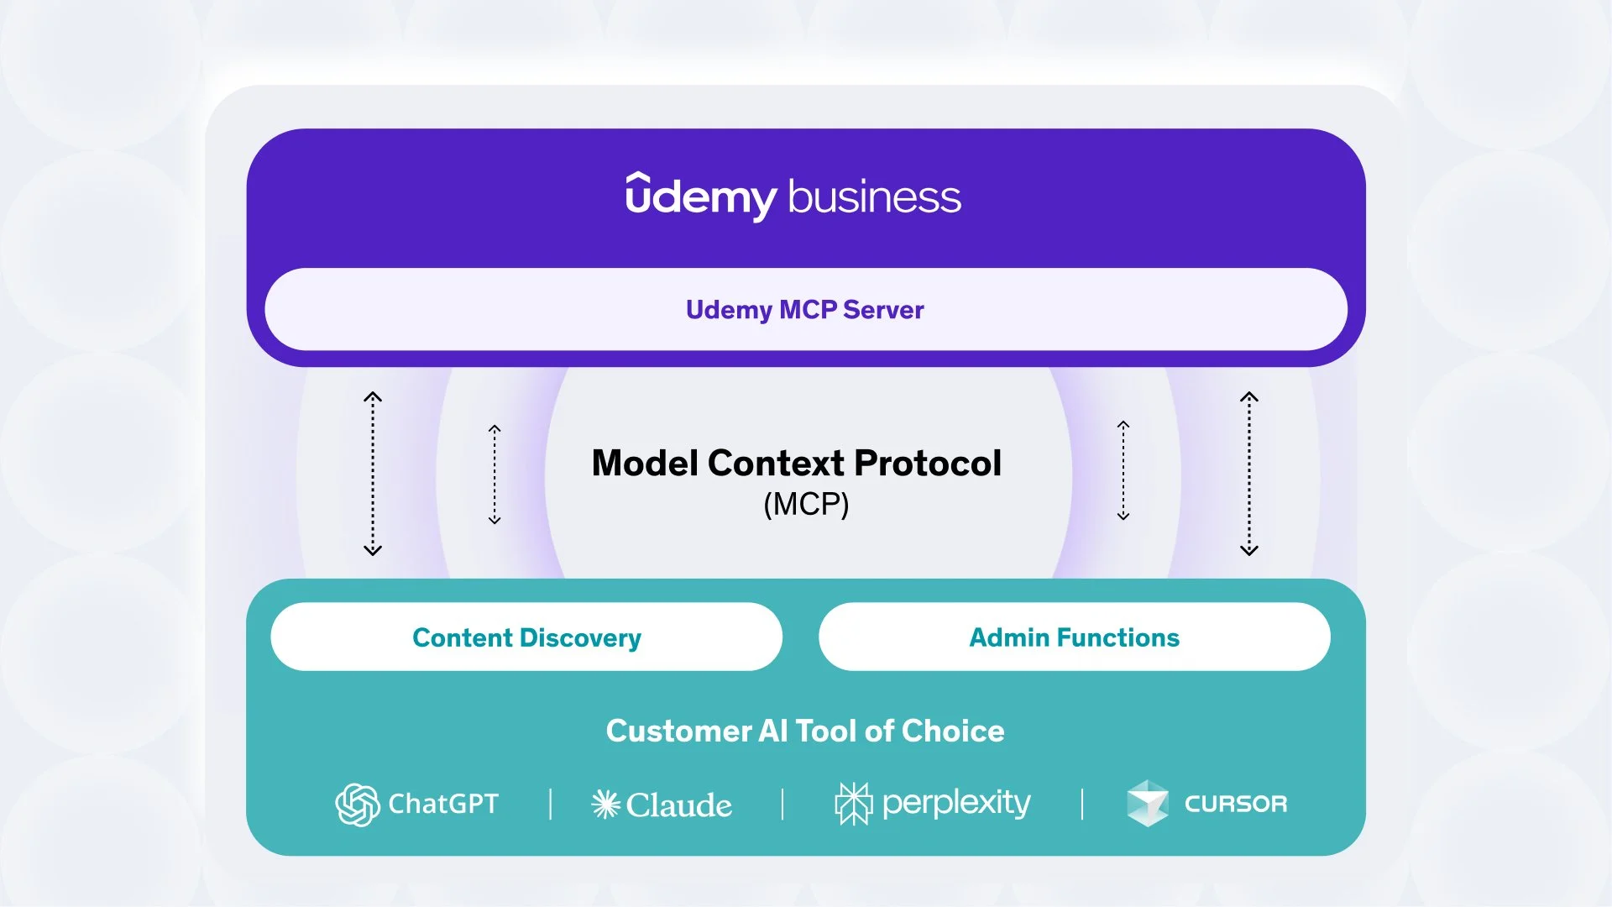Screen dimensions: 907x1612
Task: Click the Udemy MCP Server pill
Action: [x=805, y=310]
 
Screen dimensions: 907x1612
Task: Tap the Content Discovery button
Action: [x=526, y=637]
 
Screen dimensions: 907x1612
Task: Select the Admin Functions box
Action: [x=1074, y=637]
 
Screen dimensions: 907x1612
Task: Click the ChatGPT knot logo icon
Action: [x=357, y=805]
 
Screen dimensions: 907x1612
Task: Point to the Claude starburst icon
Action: [x=605, y=805]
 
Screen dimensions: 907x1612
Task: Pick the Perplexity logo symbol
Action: [x=853, y=804]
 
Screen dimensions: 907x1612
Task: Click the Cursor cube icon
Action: [x=1147, y=803]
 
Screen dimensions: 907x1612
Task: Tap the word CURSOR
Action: [x=1235, y=804]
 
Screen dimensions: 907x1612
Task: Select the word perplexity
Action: [x=955, y=804]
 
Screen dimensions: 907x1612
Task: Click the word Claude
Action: [x=678, y=805]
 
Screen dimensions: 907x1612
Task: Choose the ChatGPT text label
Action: [x=442, y=804]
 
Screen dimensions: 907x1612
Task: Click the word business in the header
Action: [x=874, y=197]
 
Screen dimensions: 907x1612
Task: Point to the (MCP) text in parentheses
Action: [x=806, y=504]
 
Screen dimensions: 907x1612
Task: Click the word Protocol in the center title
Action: [x=927, y=463]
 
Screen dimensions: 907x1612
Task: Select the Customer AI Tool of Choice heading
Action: [x=805, y=731]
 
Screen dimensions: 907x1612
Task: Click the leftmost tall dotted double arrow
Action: [x=373, y=474]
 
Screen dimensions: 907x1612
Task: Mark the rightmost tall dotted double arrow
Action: [x=1248, y=474]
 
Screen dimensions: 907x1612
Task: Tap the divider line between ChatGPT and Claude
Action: [x=551, y=804]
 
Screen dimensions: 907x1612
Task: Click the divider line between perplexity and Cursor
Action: [x=1082, y=804]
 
